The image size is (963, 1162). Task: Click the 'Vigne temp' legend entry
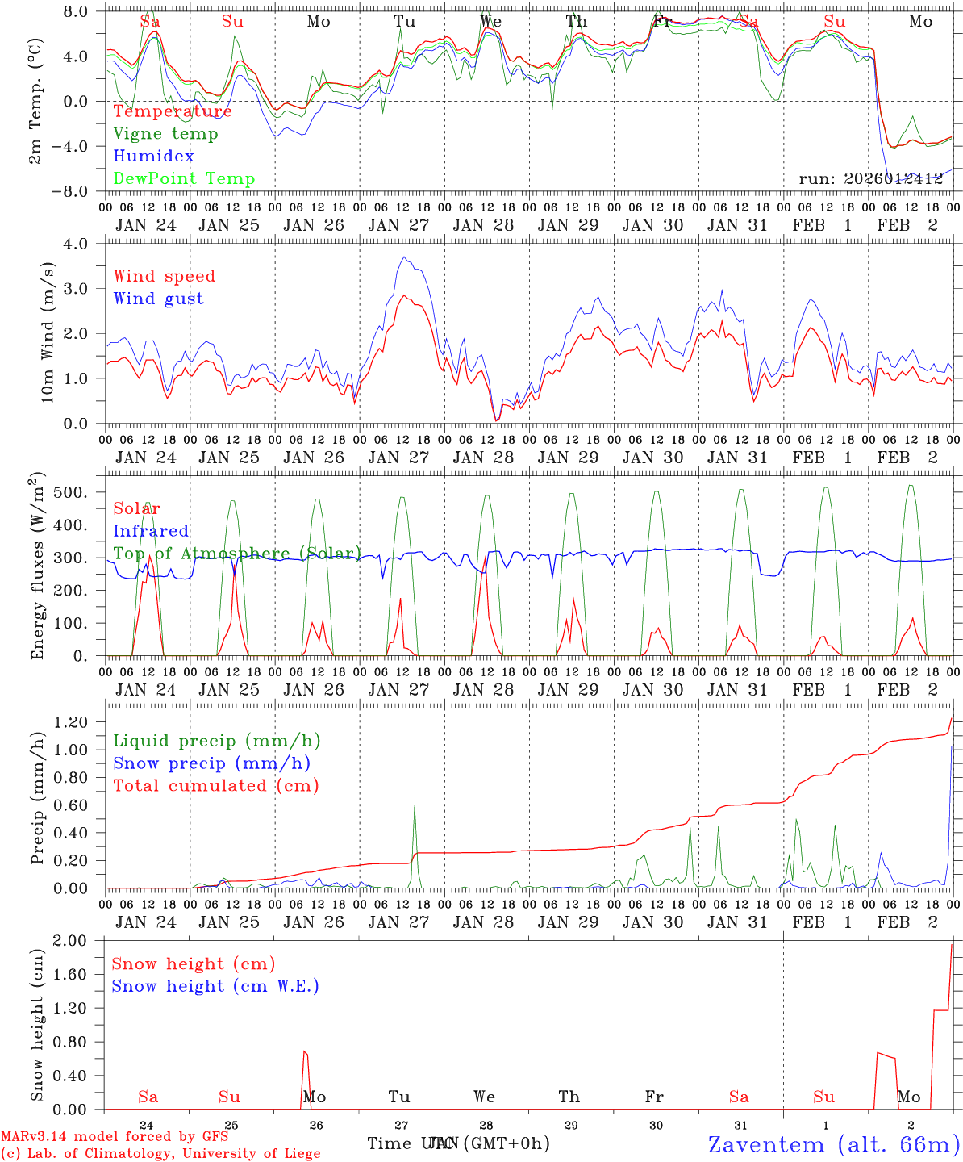click(x=165, y=134)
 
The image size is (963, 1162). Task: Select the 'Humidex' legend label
click(x=153, y=157)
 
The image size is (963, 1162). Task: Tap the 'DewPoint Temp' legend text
click(x=184, y=179)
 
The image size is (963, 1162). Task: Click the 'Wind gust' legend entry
click(x=158, y=299)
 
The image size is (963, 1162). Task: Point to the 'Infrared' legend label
click(x=151, y=531)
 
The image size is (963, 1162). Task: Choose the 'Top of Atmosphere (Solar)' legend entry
click(x=236, y=554)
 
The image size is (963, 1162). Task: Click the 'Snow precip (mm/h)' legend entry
click(x=211, y=763)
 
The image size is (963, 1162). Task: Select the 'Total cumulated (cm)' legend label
click(x=215, y=786)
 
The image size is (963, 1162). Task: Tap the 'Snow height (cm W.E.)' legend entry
click(x=215, y=986)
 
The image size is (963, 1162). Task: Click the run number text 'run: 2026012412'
click(x=871, y=179)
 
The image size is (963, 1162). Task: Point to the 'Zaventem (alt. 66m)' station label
click(x=834, y=1144)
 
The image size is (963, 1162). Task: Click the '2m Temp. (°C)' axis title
click(x=35, y=100)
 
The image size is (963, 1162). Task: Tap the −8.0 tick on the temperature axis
click(x=80, y=192)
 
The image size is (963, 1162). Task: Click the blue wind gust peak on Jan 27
click(x=404, y=257)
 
